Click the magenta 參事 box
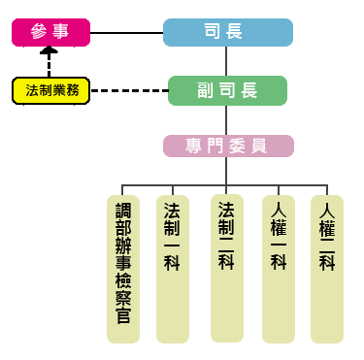click(50, 32)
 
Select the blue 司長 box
click(227, 32)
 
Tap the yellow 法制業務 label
click(51, 90)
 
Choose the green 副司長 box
click(227, 90)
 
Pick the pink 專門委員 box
click(227, 146)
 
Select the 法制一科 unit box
click(172, 268)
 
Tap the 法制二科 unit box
click(226, 268)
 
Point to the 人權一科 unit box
click(279, 268)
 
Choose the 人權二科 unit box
click(326, 268)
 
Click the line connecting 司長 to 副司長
click(227, 61)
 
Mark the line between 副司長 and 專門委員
click(227, 119)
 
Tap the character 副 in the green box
click(206, 90)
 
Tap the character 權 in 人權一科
click(279, 229)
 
